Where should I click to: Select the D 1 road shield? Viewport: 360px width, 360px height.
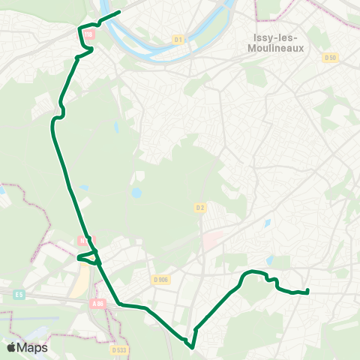[x=178, y=39]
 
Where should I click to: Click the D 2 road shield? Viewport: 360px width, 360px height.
[x=199, y=208]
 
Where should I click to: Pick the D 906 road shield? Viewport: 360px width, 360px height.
[x=160, y=280]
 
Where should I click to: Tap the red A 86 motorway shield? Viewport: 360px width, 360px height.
[x=98, y=303]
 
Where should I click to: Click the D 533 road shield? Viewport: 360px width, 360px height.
[x=118, y=349]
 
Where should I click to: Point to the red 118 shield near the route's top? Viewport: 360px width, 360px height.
[x=89, y=35]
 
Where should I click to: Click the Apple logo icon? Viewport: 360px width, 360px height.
[x=11, y=347]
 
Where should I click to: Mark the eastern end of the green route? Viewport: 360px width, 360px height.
[x=308, y=290]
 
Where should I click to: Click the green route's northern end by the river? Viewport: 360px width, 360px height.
[x=119, y=11]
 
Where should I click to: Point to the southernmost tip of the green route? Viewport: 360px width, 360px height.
[x=191, y=347]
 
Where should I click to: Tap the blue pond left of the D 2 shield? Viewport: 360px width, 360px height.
[x=136, y=193]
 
